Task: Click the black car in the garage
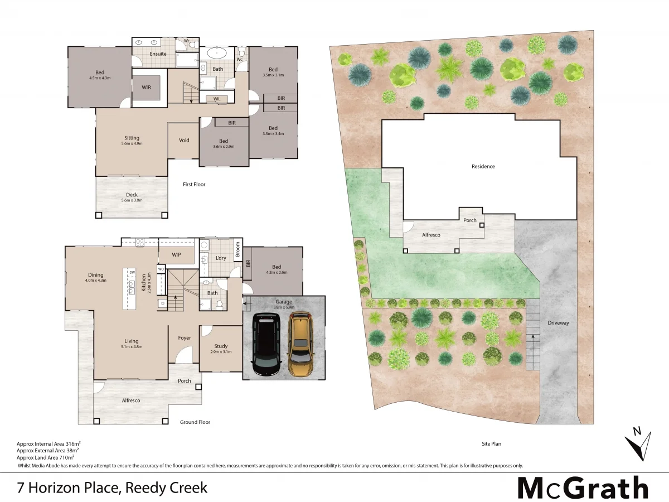coord(267,344)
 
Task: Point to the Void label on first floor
coord(184,141)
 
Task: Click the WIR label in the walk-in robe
coord(146,88)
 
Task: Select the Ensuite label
coord(158,54)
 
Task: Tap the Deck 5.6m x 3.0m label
coord(132,197)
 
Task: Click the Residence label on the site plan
coord(483,166)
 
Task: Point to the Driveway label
coord(558,323)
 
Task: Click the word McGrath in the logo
coord(583,488)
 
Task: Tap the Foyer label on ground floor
coord(184,338)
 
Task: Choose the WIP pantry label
coord(176,254)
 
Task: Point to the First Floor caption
coord(194,184)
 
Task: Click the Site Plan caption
coord(491,444)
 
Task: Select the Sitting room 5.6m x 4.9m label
coord(132,141)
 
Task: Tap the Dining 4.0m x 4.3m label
coord(96,277)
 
